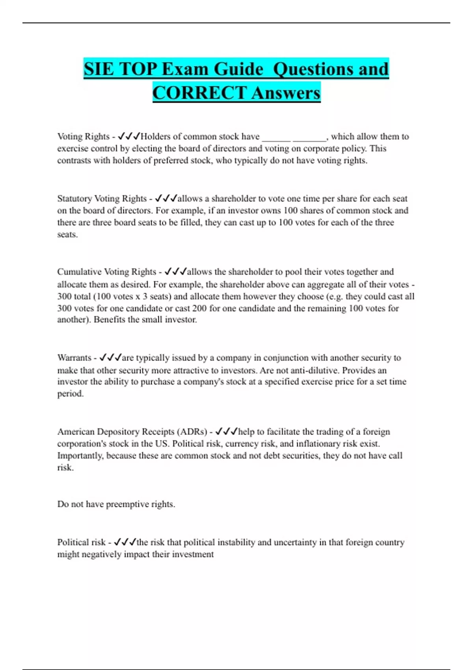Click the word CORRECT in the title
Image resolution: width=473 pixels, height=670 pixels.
199,93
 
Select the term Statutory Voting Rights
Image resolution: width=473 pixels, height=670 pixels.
102,199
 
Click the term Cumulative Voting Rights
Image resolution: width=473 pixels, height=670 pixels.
106,272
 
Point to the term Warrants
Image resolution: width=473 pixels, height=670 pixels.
74,358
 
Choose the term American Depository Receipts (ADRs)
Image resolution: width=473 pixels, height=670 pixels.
132,432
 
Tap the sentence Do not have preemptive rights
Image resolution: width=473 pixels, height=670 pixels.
116,504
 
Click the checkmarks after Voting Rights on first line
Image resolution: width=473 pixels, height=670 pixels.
129,136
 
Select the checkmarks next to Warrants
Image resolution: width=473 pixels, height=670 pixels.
110,358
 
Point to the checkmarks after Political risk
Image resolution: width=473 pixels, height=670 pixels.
125,542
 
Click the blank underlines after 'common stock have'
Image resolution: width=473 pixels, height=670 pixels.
294,138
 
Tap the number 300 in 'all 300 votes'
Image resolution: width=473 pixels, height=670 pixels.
65,308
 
